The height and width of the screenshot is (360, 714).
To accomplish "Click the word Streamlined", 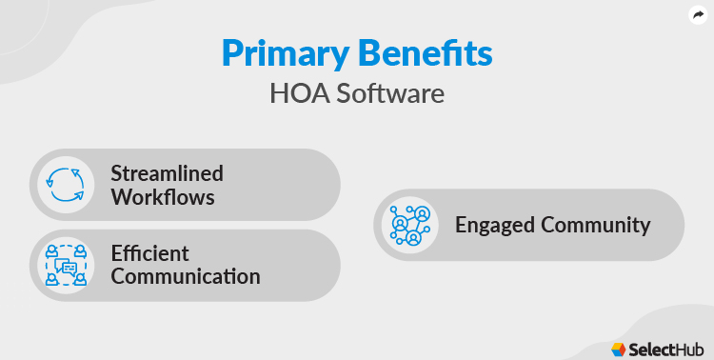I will pos(167,173).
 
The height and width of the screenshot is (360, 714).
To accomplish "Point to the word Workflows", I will pos(162,197).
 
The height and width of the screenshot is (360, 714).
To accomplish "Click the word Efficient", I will pos(149,253).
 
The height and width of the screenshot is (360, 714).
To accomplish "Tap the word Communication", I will pos(185,277).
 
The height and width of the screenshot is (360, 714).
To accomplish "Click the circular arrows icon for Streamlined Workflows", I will pos(67,185).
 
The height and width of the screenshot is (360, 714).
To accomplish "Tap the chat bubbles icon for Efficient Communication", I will pos(67,265).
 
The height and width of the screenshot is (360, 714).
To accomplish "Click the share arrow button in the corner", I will pos(698,15).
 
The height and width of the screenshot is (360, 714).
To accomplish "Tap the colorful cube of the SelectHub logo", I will pos(619,349).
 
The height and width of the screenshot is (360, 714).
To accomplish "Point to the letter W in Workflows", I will pos(121,197).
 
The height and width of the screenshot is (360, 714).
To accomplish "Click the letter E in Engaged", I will pos(461,225).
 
